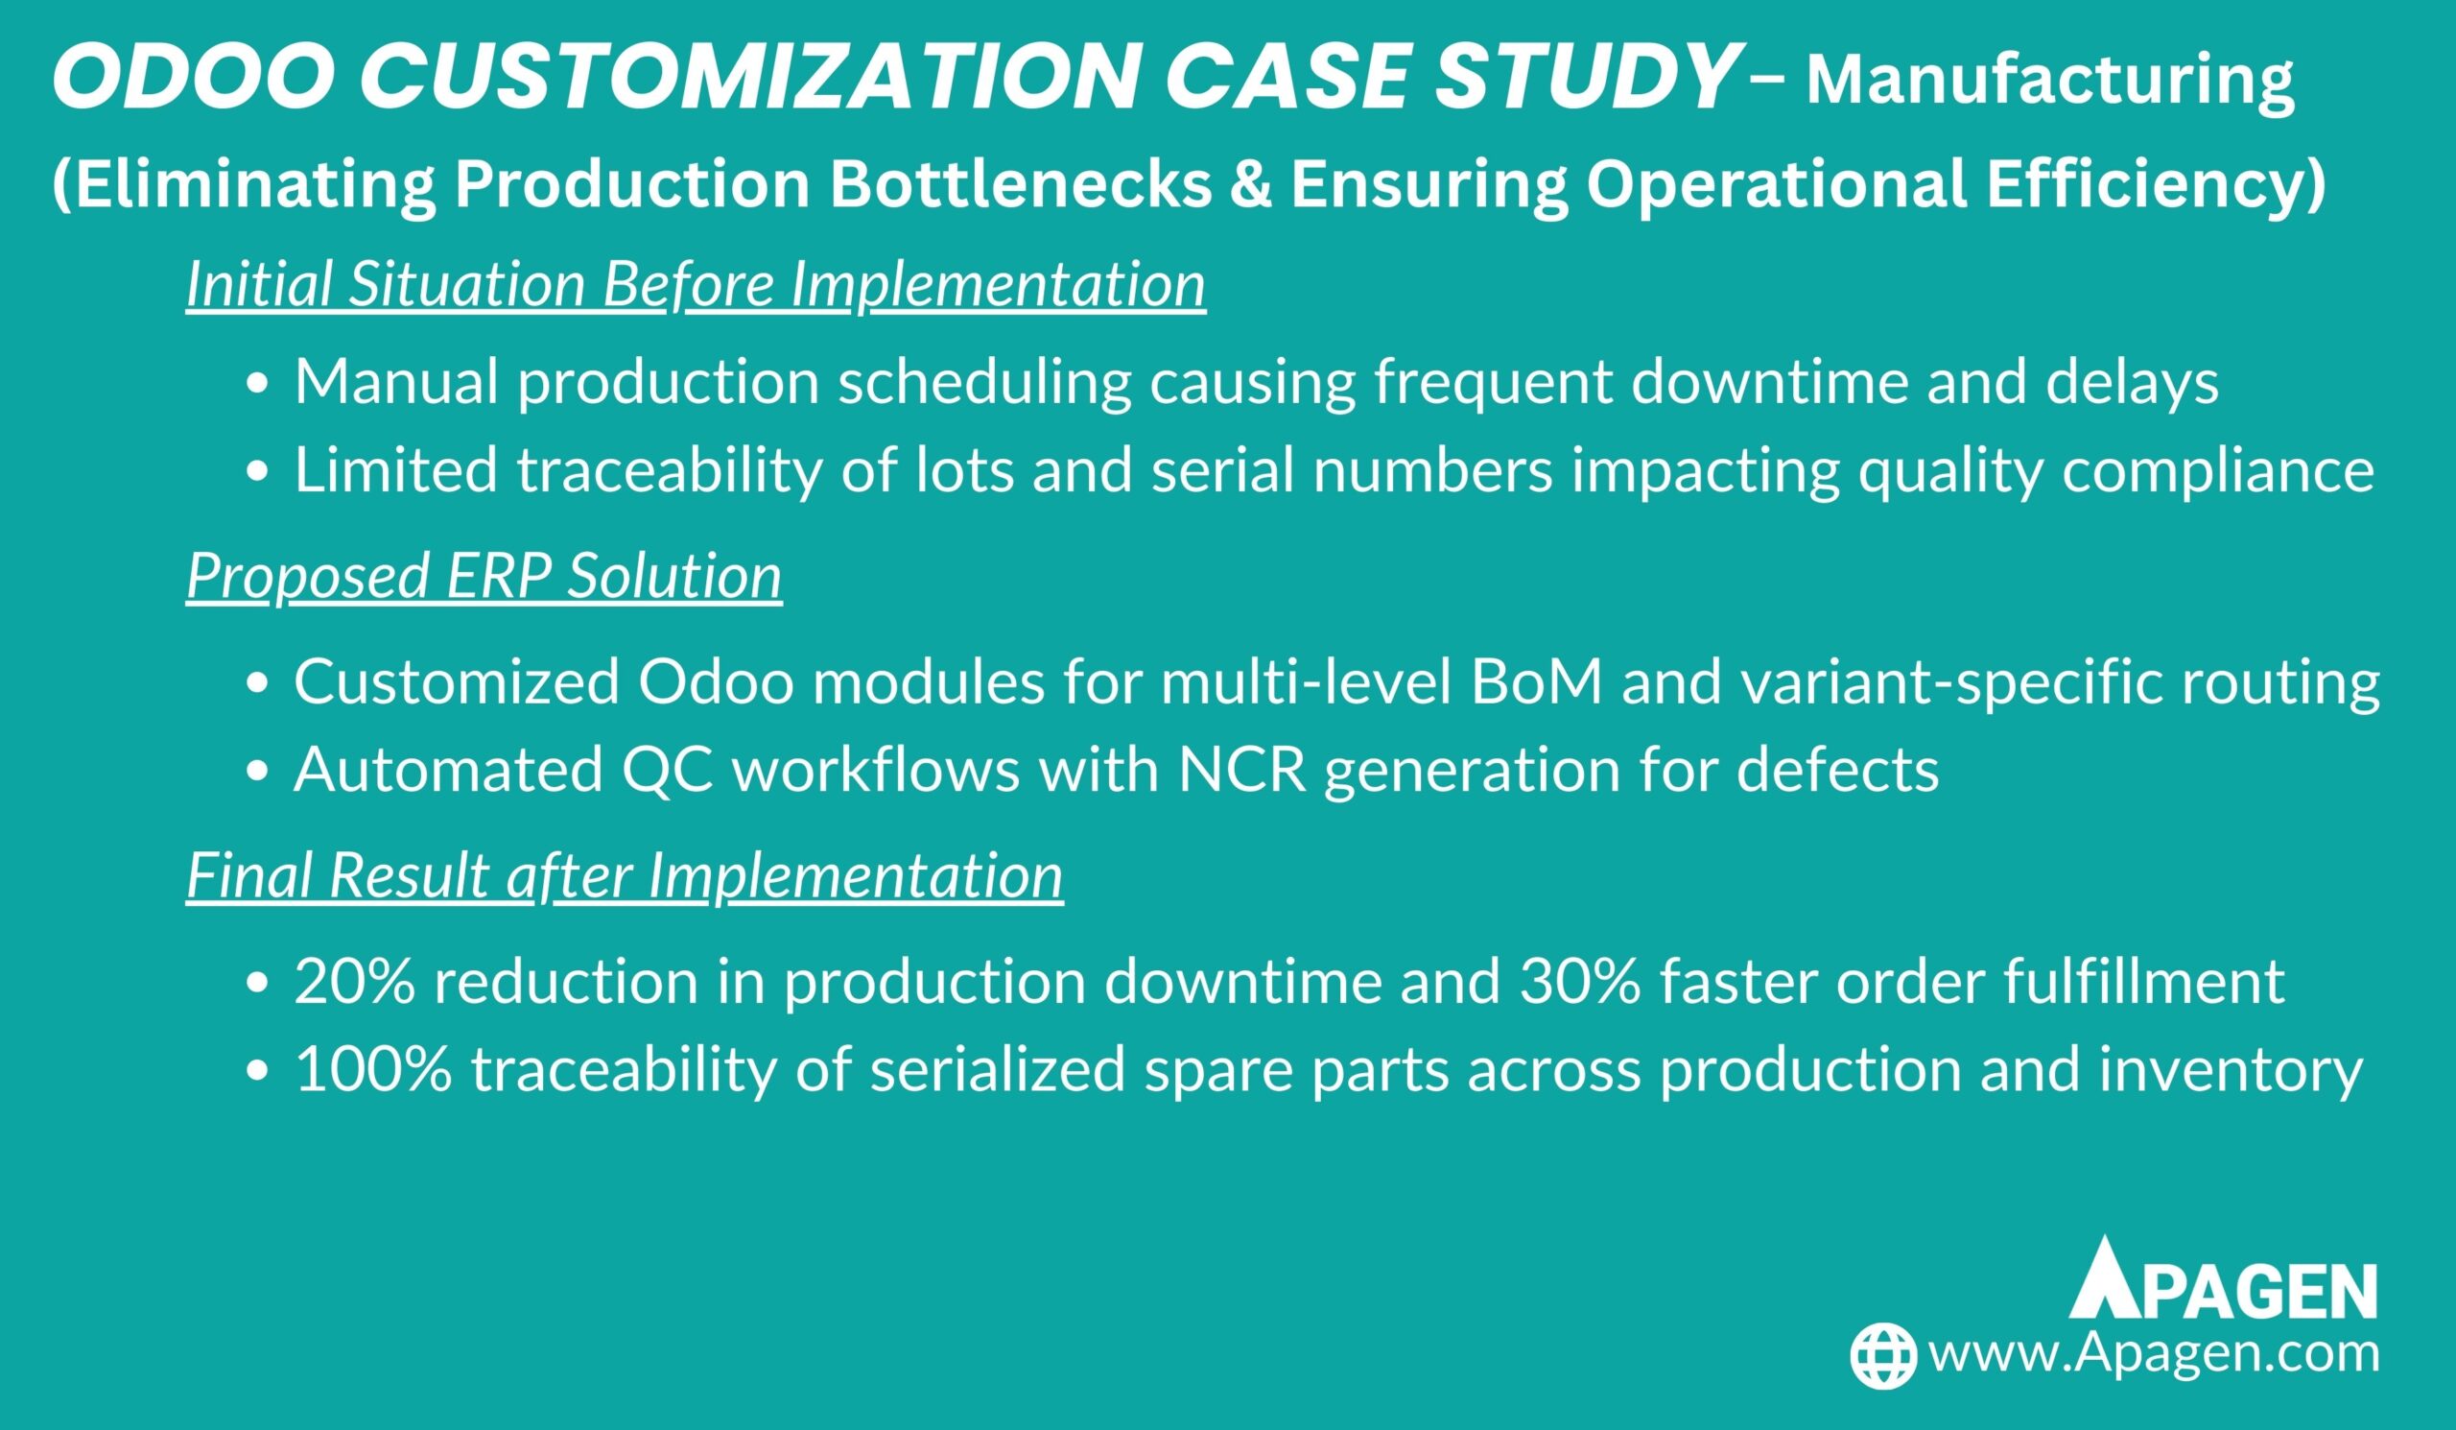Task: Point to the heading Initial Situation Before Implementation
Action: coord(696,286)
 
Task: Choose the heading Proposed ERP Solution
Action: coord(484,576)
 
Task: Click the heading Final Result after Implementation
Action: coord(625,875)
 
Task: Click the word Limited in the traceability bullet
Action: coord(395,470)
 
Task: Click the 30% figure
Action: coord(1580,982)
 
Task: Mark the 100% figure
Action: coord(373,1070)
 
